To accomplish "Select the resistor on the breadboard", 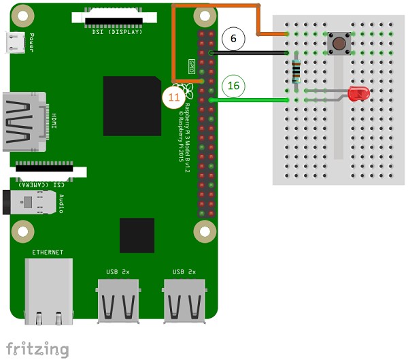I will pyautogui.click(x=296, y=71).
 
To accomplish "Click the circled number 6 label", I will pyautogui.click(x=233, y=39).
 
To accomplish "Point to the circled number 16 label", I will pyautogui.click(x=233, y=86).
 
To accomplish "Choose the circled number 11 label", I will pyautogui.click(x=174, y=97).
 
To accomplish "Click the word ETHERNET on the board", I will pyautogui.click(x=48, y=252).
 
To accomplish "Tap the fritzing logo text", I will pyautogui.click(x=37, y=349).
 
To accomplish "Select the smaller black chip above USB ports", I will pyautogui.click(x=137, y=235).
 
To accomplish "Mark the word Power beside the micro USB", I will pyautogui.click(x=32, y=43).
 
